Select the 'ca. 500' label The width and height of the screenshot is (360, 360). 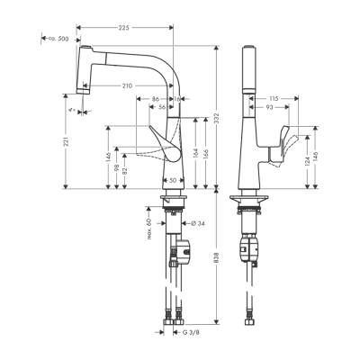[x=58, y=39]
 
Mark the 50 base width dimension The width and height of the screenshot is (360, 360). [x=172, y=180]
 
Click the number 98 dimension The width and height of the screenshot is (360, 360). [x=116, y=170]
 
